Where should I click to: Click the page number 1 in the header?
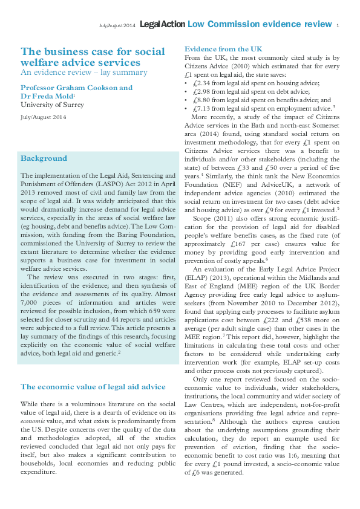click(x=338, y=25)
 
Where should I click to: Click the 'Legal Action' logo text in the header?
click(x=162, y=24)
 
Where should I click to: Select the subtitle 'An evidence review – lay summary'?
click(x=83, y=73)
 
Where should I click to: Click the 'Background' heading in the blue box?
click(x=44, y=158)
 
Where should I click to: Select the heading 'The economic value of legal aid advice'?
click(x=93, y=386)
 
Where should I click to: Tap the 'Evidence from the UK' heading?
click(x=224, y=48)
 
